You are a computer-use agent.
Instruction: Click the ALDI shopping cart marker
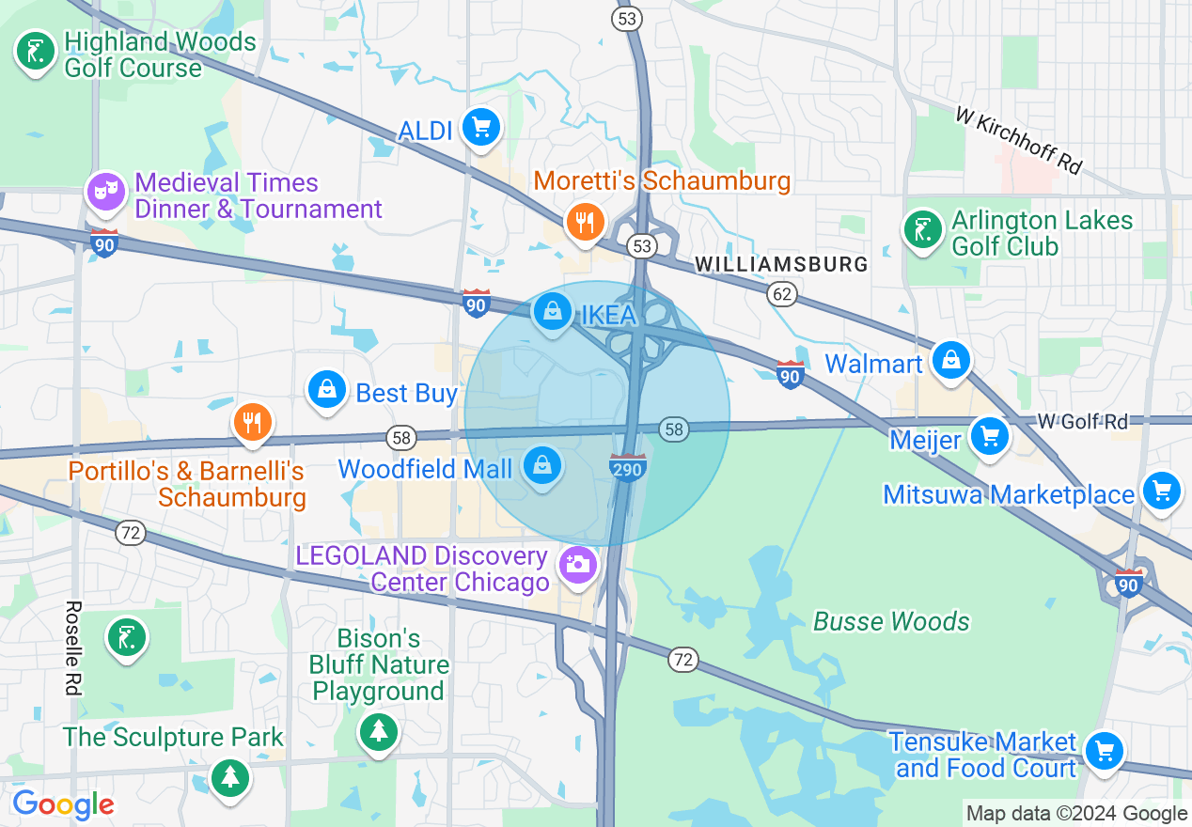click(480, 127)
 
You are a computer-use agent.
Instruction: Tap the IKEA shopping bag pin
click(553, 311)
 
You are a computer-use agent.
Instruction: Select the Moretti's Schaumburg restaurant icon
click(584, 223)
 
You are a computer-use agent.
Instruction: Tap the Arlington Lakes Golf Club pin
click(923, 229)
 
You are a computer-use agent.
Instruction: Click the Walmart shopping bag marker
click(951, 360)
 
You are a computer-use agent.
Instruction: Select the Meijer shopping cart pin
click(989, 436)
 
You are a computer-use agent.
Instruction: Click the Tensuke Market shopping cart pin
click(1104, 751)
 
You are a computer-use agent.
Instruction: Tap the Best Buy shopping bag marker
click(327, 389)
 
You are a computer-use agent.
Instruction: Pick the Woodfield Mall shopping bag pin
click(542, 465)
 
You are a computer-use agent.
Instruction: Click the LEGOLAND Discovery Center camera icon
click(577, 566)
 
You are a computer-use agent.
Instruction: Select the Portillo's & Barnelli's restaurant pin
click(251, 423)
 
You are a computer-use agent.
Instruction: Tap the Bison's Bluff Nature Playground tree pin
click(379, 730)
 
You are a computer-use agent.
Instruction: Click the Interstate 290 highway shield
click(627, 467)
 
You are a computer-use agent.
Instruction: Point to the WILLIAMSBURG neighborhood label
click(782, 265)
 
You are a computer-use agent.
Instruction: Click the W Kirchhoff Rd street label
click(1019, 139)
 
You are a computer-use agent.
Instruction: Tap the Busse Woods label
click(890, 621)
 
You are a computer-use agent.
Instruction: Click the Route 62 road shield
click(781, 294)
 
